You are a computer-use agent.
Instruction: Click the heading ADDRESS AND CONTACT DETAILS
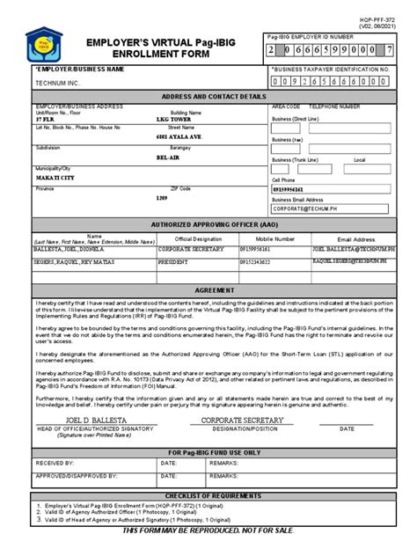(208, 96)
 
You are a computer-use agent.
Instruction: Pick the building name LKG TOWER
(173, 120)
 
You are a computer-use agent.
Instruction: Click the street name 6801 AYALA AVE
(179, 138)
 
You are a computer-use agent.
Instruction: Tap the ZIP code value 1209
(162, 198)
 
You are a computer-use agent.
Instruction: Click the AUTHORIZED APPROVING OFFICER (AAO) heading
(208, 225)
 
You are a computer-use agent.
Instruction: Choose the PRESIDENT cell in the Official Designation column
(177, 262)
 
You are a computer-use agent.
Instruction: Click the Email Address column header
(357, 238)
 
